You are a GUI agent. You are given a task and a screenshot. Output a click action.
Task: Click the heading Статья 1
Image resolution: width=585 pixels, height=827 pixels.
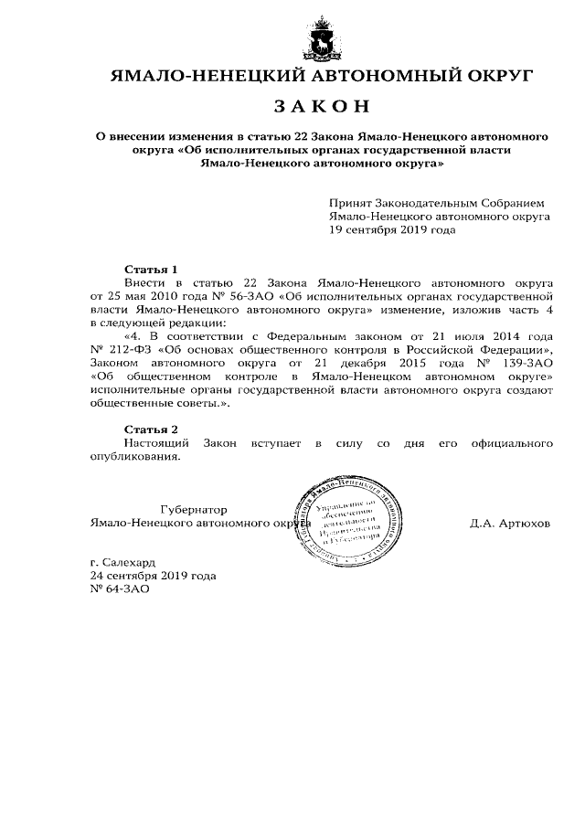tap(150, 270)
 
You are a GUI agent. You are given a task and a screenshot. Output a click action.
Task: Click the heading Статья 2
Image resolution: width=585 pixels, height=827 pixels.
tap(150, 429)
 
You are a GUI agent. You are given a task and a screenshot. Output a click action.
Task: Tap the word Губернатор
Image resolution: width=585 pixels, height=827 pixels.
tap(193, 510)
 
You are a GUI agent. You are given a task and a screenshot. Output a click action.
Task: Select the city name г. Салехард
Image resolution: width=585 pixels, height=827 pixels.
tap(123, 564)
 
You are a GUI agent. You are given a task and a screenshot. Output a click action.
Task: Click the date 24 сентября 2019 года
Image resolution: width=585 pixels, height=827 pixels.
tap(153, 577)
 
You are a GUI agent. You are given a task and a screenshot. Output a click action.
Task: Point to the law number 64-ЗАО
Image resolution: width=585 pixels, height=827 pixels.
tap(119, 589)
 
